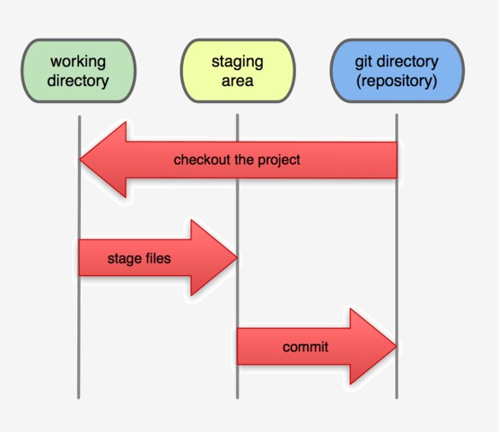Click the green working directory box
coord(79,71)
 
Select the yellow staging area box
coord(237,71)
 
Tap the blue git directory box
coord(397,71)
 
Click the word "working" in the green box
coord(79,62)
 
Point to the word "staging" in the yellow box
coord(237,62)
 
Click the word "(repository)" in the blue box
coord(397,81)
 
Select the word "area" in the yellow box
coord(237,81)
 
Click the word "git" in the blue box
coord(365,62)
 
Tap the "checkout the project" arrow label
coord(237,160)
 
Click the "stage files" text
coord(138,259)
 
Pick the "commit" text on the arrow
coord(305,347)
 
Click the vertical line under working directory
coord(79,376)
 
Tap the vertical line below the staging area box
coord(237,376)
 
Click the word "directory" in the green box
coord(79,81)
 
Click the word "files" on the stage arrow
coord(155,259)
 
